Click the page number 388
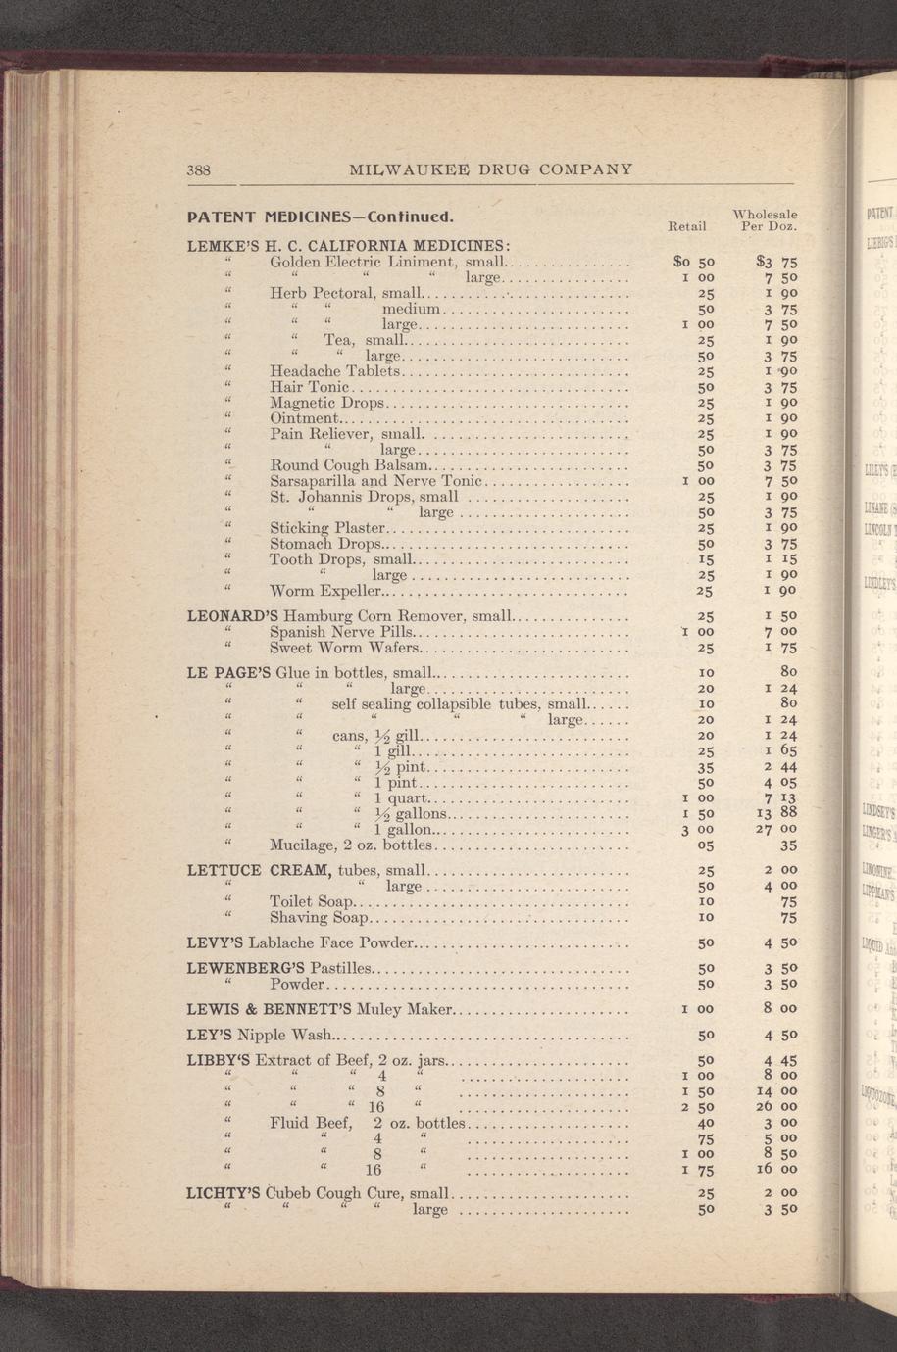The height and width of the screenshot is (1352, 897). pos(200,169)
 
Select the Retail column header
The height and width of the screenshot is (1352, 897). pos(686,226)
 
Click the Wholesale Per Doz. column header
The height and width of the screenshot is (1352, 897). pos(766,219)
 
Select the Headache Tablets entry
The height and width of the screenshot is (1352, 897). pos(335,371)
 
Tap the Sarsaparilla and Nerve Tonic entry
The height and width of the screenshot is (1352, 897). pos(376,481)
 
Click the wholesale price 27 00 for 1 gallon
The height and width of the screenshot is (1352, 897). pos(774,829)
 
